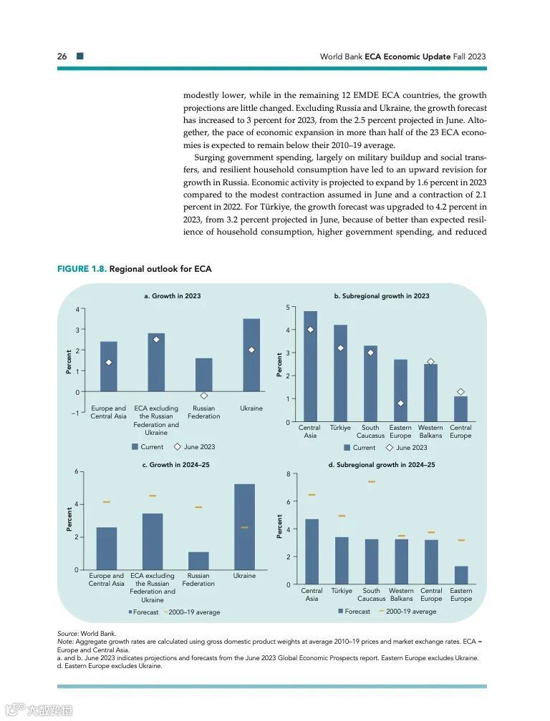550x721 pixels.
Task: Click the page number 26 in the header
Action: click(x=62, y=56)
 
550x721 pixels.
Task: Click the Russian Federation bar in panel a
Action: click(x=204, y=375)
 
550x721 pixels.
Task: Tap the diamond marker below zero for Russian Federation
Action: click(x=204, y=396)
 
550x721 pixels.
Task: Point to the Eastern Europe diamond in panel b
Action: click(x=400, y=403)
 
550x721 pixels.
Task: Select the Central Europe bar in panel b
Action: click(x=460, y=409)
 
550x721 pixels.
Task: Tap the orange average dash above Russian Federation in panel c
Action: click(x=198, y=507)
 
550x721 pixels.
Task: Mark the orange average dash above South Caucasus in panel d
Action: click(x=372, y=482)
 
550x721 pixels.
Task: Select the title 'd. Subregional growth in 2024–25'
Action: click(x=381, y=465)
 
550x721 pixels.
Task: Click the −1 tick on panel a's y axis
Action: click(x=76, y=413)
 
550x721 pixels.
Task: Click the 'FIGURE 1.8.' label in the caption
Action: click(x=82, y=269)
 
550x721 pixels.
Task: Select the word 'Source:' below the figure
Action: click(x=68, y=634)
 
